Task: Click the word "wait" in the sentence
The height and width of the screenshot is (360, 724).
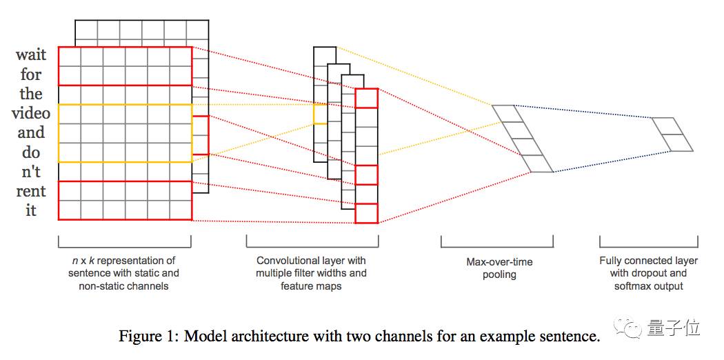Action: (31, 54)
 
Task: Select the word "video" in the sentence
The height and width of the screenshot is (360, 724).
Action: (31, 112)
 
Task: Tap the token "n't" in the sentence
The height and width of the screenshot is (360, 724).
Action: (31, 172)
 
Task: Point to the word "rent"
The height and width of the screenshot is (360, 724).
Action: (31, 191)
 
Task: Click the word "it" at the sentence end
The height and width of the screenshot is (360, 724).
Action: (31, 210)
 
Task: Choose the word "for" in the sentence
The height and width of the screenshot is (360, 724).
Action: (31, 74)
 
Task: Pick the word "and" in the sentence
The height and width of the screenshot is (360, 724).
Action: (31, 132)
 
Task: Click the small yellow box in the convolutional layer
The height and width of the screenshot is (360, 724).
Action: (321, 114)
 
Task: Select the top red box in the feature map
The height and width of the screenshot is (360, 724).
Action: (367, 99)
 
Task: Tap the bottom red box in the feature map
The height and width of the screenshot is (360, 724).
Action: (367, 213)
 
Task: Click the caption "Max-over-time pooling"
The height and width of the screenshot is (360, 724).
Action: (499, 268)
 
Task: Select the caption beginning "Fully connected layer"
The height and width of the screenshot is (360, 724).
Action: (649, 273)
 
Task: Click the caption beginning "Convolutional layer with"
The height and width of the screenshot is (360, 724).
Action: (311, 273)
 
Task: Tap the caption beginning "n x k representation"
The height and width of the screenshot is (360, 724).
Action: (123, 273)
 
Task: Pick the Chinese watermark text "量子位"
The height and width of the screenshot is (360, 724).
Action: (673, 328)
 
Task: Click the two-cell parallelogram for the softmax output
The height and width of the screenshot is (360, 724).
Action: (672, 134)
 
